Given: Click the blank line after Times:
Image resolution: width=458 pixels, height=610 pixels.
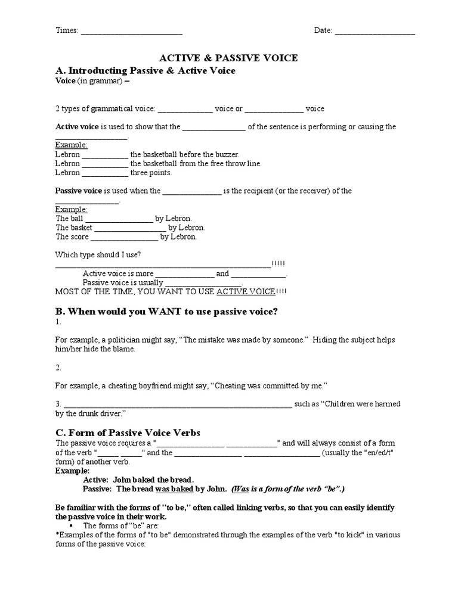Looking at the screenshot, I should pos(131,32).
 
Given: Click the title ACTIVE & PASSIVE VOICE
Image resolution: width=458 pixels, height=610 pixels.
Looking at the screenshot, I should pos(228,58).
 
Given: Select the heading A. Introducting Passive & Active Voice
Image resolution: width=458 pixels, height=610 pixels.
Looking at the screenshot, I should pos(146,71).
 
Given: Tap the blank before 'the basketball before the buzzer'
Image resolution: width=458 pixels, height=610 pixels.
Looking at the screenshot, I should pos(105,155).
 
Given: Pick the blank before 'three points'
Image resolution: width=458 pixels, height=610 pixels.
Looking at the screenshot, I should pos(105,173).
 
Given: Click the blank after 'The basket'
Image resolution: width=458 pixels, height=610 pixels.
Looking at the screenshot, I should pos(130,228).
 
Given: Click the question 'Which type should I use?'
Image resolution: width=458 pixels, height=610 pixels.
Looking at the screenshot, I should pos(98,255).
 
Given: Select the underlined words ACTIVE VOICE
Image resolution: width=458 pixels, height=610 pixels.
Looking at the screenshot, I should pos(246,291).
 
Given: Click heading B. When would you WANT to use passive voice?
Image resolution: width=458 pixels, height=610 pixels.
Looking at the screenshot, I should pos(166,311).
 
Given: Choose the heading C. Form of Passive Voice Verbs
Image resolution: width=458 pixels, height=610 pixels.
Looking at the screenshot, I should pos(128,432).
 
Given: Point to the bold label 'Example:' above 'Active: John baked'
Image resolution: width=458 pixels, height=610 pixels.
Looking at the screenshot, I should pos(72,471).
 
